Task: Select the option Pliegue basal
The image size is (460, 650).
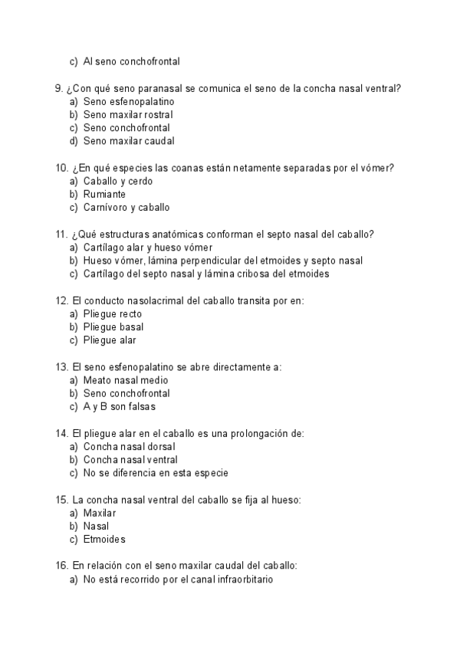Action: [x=113, y=327]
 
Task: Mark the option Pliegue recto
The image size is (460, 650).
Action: [x=113, y=314]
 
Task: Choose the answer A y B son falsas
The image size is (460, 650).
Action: [x=119, y=406]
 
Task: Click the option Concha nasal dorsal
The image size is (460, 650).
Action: [x=130, y=447]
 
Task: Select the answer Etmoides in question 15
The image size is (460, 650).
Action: [x=104, y=540]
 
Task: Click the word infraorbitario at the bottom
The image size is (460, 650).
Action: [x=238, y=580]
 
